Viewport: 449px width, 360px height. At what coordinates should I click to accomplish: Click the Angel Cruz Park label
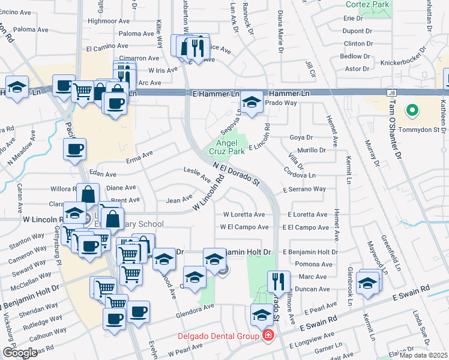[x=231, y=148]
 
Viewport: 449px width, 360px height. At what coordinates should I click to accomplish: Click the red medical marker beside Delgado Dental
[x=268, y=335]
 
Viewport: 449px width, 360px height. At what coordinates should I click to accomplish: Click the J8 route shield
[x=392, y=93]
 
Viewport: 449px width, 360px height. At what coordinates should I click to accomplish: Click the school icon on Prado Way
[x=252, y=102]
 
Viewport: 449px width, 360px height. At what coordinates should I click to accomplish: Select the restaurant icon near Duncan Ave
[x=279, y=281]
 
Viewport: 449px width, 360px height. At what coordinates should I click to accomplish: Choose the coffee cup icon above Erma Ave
[x=74, y=149]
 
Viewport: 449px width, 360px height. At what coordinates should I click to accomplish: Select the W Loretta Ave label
[x=244, y=214]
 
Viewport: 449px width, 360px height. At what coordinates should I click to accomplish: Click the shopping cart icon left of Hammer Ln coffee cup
[x=83, y=92]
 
